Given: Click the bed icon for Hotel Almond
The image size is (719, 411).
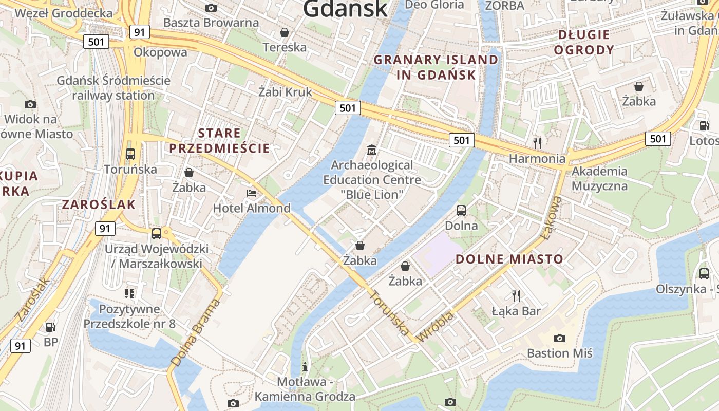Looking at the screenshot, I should (x=252, y=193).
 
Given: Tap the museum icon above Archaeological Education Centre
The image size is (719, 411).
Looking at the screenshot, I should (x=372, y=150).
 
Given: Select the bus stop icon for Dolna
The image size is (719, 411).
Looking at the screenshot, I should (x=461, y=210).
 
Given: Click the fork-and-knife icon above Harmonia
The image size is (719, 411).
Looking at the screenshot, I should (x=537, y=143).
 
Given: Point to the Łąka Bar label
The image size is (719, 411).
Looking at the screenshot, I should (x=516, y=311).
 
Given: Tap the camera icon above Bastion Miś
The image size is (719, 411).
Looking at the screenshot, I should (x=560, y=338).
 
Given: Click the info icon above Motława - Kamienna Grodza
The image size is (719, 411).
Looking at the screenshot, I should (x=305, y=367).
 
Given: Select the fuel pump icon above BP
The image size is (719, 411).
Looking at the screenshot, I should (x=50, y=327).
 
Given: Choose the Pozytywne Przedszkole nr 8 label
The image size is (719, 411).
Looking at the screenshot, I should (x=129, y=316).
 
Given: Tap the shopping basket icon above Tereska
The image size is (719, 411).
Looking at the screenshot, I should (x=285, y=33).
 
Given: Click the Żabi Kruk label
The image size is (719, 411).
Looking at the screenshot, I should (x=285, y=92).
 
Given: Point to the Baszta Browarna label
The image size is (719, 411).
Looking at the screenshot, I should (x=211, y=23).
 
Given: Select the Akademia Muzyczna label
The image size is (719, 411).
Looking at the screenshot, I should (x=599, y=178).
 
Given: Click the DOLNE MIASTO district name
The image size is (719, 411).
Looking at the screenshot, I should (x=509, y=259).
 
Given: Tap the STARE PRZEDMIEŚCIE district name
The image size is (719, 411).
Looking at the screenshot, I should (x=220, y=141).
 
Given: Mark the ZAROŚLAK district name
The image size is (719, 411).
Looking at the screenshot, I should (x=99, y=204).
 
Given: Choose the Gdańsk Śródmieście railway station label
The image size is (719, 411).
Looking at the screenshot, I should (x=113, y=88).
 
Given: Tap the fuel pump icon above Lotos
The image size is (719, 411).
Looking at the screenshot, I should (x=704, y=125).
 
